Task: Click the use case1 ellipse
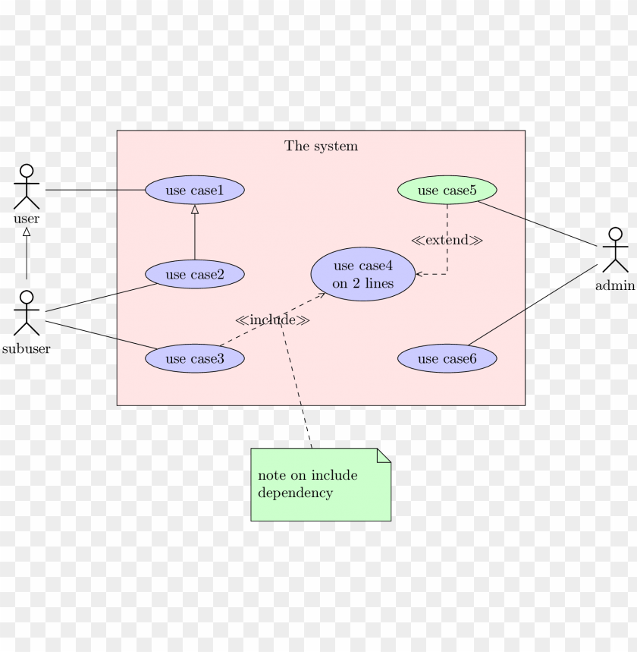[x=194, y=190]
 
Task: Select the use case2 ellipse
[x=194, y=274]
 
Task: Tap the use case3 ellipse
[x=194, y=358]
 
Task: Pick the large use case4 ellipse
[x=362, y=274]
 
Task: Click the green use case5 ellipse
[x=447, y=190]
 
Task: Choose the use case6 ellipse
[x=447, y=358]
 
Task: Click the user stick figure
[x=27, y=187]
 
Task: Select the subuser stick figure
[x=27, y=313]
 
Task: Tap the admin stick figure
[x=615, y=250]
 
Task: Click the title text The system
[x=321, y=146]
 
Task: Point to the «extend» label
[x=447, y=240]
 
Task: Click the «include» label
[x=272, y=320]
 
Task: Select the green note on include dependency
[x=318, y=486]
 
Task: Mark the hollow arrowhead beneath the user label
[x=27, y=232]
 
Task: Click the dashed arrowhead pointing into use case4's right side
[x=419, y=274]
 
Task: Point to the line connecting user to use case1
[x=95, y=190]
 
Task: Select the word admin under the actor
[x=614, y=285]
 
